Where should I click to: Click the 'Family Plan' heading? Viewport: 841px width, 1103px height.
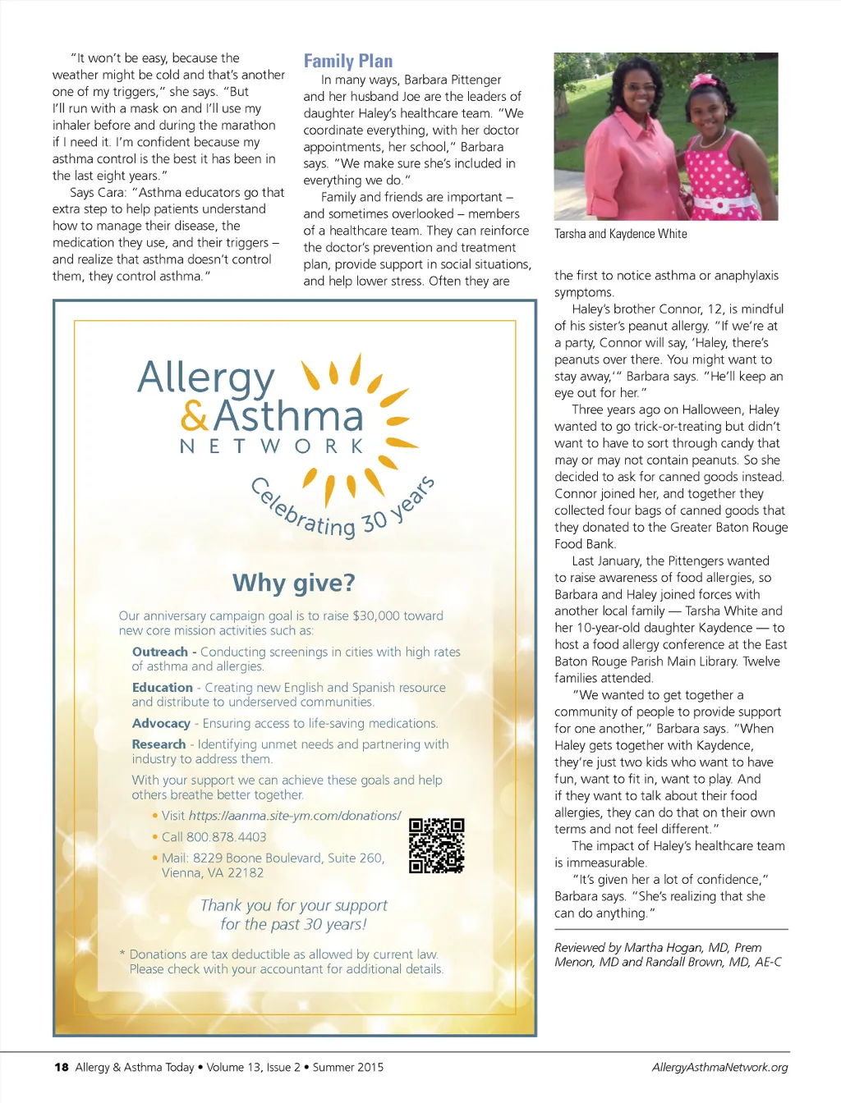pyautogui.click(x=348, y=61)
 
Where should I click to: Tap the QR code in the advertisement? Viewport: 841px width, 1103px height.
pyautogui.click(x=437, y=845)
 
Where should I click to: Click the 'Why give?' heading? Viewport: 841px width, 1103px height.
pyautogui.click(x=294, y=583)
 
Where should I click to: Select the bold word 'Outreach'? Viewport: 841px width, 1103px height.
pyautogui.click(x=160, y=652)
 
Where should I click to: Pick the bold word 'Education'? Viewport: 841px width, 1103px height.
pyautogui.click(x=163, y=688)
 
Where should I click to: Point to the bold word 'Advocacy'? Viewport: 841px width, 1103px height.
pyautogui.click(x=161, y=724)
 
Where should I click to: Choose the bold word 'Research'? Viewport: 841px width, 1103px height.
pyautogui.click(x=159, y=744)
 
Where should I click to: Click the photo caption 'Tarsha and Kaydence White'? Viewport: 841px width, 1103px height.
pyautogui.click(x=621, y=234)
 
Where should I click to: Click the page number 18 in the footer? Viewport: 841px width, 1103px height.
pyautogui.click(x=61, y=1068)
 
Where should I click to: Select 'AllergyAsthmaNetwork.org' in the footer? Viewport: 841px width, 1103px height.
pyautogui.click(x=719, y=1068)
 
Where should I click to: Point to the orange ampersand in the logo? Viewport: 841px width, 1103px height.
pyautogui.click(x=195, y=416)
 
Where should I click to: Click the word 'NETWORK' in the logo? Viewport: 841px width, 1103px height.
pyautogui.click(x=272, y=446)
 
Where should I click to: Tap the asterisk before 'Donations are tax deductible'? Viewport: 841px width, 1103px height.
pyautogui.click(x=122, y=954)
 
